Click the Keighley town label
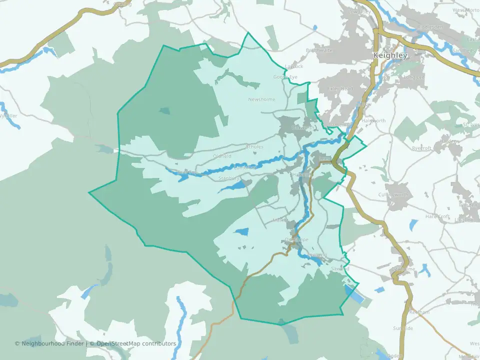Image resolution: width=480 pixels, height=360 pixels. [390, 55]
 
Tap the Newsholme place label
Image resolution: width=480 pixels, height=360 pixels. [262, 99]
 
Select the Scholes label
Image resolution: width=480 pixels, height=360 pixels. [254, 147]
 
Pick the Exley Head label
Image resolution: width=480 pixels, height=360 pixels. [340, 88]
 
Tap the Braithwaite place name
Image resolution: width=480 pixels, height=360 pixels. [319, 50]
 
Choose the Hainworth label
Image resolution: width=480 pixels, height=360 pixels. [373, 120]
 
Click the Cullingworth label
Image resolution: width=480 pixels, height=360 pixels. [393, 194]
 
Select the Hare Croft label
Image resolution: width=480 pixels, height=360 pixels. [437, 216]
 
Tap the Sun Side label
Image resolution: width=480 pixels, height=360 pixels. [403, 328]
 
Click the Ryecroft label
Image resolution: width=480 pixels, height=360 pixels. [421, 148]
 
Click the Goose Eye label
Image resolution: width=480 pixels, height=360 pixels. [285, 77]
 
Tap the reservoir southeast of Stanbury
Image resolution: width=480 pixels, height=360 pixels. [233, 187]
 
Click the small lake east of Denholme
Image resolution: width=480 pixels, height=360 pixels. [425, 270]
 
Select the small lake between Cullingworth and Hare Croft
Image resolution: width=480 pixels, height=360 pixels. [413, 224]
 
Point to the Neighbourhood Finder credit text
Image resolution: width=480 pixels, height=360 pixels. [50, 343]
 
